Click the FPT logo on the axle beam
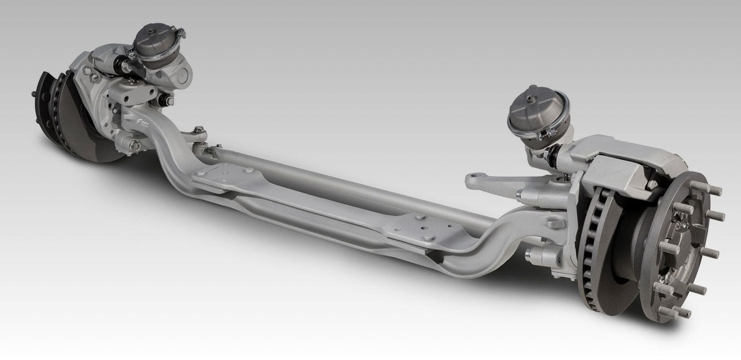(x=147, y=123)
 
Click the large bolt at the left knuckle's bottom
(x=135, y=146)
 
